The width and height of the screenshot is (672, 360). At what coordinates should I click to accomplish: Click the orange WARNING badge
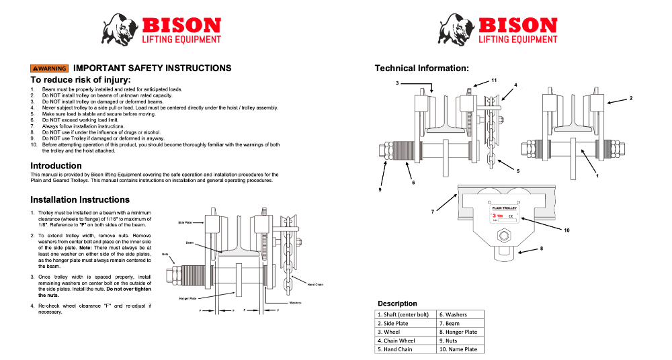[x=49, y=69]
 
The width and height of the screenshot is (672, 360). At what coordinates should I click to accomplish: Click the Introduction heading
[x=56, y=166]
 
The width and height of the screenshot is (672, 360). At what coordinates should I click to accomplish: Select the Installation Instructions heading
[x=80, y=199]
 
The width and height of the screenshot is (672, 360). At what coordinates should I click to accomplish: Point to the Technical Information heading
[x=421, y=69]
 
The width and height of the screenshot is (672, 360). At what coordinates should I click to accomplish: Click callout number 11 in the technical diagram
[x=493, y=80]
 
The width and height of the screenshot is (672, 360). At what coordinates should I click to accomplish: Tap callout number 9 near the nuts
[x=379, y=190]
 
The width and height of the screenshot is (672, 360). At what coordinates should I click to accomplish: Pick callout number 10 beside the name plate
[x=566, y=230]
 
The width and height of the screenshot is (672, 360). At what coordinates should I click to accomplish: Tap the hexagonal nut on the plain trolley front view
[x=502, y=237]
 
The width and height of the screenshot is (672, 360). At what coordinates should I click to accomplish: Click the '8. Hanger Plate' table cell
[x=460, y=332]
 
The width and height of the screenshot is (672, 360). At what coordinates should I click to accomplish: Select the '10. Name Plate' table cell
[x=460, y=349]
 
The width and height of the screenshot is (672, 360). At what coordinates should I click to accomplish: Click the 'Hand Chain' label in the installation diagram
[x=315, y=285]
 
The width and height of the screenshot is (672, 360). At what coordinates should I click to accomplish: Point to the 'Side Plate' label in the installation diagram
[x=185, y=222]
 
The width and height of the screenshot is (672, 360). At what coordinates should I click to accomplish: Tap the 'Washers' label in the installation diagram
[x=295, y=303]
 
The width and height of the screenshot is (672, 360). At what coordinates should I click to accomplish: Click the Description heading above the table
[x=397, y=304]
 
